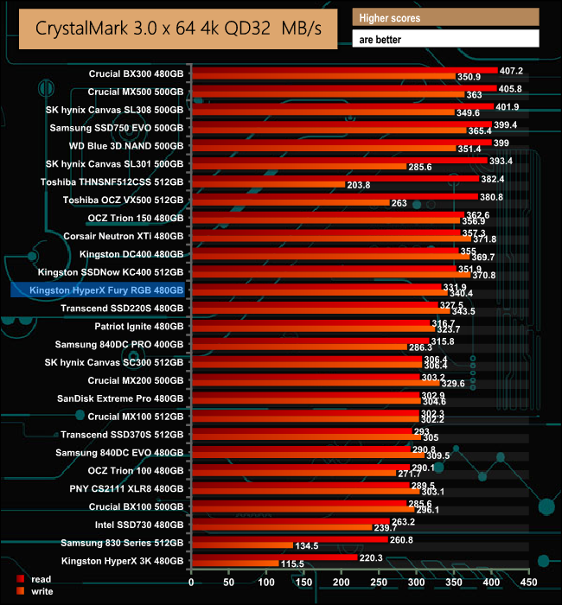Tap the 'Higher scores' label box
(446, 17)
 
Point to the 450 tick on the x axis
(530, 582)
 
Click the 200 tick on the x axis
(342, 582)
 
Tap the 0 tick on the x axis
(191, 582)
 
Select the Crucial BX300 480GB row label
(136, 73)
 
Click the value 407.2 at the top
(514, 69)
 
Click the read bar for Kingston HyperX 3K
(273, 557)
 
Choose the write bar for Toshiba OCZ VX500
(290, 203)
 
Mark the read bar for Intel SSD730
(290, 521)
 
